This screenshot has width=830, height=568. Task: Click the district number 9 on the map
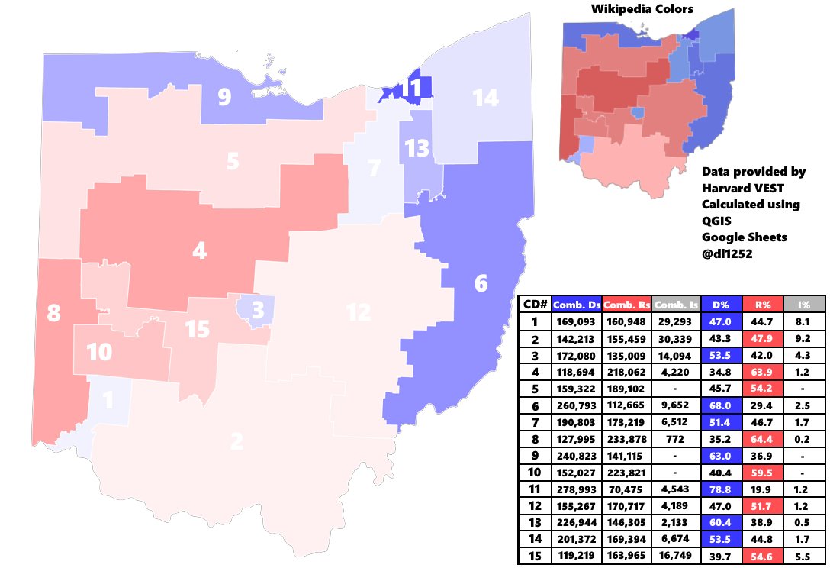click(x=224, y=98)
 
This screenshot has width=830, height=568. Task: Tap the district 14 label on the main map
click(x=485, y=98)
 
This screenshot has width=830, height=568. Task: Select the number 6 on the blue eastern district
click(x=481, y=284)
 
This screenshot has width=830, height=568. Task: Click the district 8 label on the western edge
click(x=53, y=314)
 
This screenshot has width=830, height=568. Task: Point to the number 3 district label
click(x=258, y=311)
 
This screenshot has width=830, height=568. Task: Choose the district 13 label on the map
click(x=417, y=147)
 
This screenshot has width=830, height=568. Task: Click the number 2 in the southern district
click(x=236, y=441)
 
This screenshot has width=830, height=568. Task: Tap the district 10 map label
click(x=99, y=353)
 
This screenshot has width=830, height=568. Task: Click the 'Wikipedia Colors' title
click(x=642, y=10)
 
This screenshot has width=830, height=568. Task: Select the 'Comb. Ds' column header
click(x=577, y=305)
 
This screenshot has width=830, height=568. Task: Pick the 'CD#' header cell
click(x=534, y=305)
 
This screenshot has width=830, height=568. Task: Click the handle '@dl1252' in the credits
click(x=728, y=253)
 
